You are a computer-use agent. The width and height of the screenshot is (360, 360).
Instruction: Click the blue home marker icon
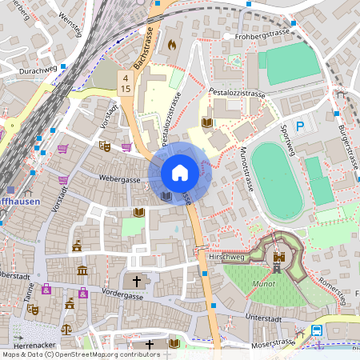[180, 173]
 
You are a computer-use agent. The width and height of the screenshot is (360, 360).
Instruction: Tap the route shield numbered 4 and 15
[125, 83]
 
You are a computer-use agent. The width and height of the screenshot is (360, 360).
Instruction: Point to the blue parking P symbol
[300, 126]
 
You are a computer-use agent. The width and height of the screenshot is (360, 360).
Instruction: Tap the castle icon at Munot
[278, 258]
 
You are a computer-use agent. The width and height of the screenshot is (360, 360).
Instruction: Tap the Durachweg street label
[35, 70]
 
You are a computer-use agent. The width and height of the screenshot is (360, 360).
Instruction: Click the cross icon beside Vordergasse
[137, 282]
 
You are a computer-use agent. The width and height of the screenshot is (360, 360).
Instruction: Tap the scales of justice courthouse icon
[66, 328]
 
